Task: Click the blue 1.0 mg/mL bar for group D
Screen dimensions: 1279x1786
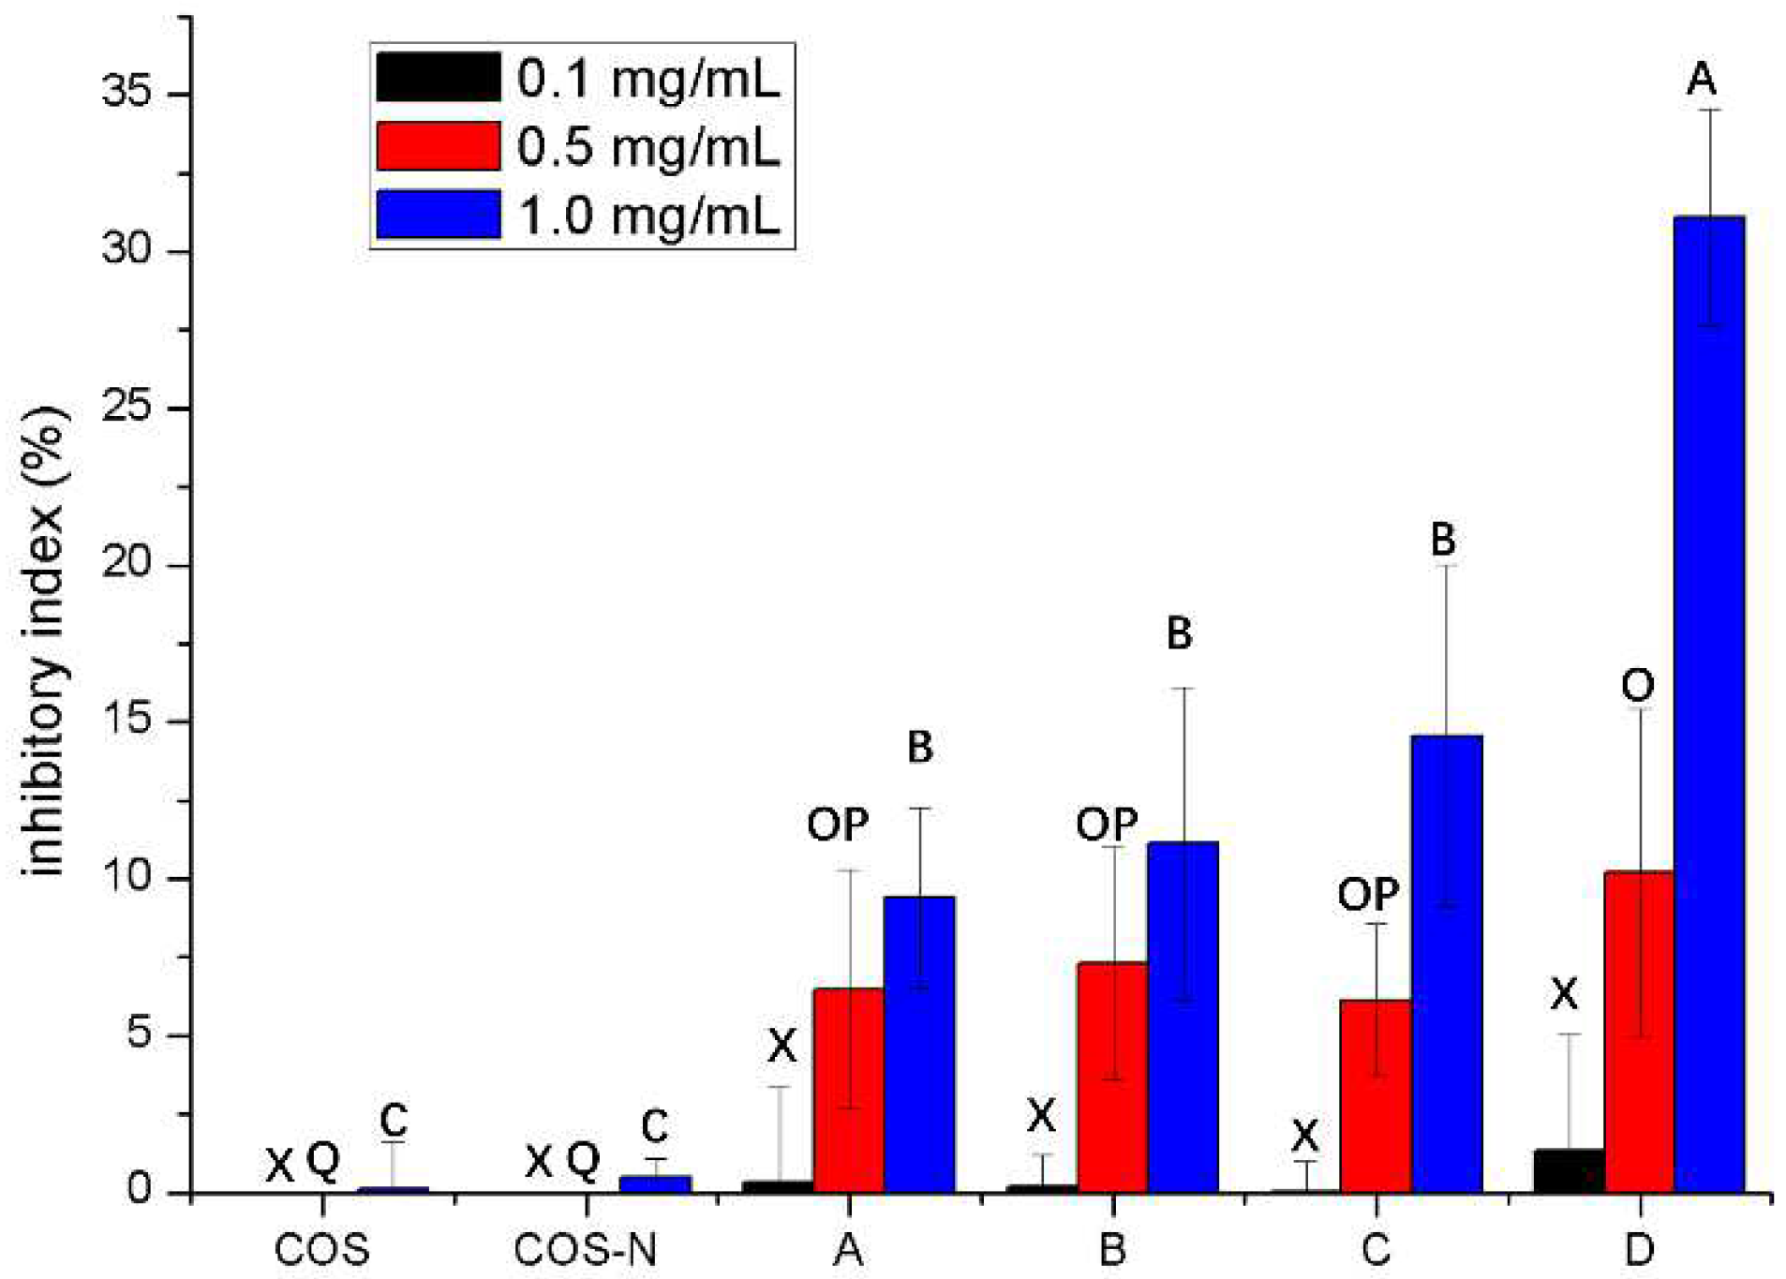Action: [x=1708, y=703]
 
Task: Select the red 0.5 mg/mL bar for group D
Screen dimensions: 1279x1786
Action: [x=1638, y=1031]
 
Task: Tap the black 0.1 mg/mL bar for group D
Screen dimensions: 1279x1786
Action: [x=1569, y=1170]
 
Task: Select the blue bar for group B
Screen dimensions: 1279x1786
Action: [x=1183, y=1017]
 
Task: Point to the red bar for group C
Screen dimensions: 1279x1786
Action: [x=1376, y=1096]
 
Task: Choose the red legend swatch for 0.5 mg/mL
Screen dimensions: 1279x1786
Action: [x=438, y=146]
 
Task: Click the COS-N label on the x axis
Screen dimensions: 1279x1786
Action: [x=586, y=1250]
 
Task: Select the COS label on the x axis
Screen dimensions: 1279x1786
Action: [x=321, y=1250]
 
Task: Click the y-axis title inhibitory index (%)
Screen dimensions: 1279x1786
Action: [x=45, y=642]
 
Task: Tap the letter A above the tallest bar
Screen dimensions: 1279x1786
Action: [x=1701, y=80]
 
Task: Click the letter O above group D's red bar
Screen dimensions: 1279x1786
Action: [x=1637, y=687]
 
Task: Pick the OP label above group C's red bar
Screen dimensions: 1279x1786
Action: [x=1367, y=896]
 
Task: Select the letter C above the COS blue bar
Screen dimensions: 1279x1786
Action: [x=394, y=1120]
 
